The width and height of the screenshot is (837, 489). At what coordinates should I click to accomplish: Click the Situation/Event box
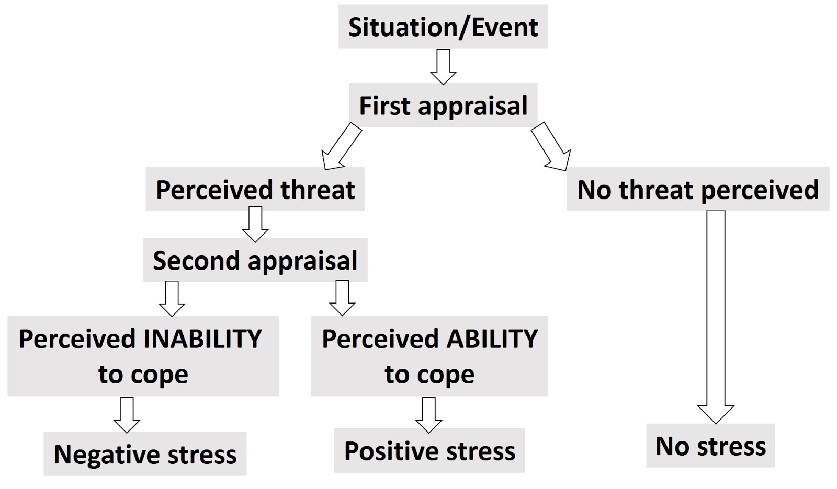coord(443,27)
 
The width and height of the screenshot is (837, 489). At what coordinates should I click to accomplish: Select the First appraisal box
coord(443,106)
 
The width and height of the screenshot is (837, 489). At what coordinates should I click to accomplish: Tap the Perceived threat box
coord(255,189)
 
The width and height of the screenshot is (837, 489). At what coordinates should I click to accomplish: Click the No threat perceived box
coord(697,189)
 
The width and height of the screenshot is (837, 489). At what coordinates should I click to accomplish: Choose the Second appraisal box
coord(255,260)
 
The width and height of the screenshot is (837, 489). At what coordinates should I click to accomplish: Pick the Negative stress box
coord(145,453)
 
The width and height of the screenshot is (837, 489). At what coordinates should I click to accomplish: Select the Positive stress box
coord(429,450)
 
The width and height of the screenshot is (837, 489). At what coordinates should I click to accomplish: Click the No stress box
coord(710,446)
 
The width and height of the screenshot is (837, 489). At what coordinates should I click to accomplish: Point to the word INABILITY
coord(202,339)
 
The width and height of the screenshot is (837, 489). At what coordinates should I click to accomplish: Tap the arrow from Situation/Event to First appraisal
coord(443,66)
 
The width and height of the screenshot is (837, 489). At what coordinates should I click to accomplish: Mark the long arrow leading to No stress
coord(716,313)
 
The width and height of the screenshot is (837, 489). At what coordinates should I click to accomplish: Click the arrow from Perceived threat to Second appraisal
coord(255,224)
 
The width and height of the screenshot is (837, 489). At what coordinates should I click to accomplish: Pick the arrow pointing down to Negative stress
coord(127,415)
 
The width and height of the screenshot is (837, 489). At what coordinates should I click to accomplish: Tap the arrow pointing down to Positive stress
coord(428,415)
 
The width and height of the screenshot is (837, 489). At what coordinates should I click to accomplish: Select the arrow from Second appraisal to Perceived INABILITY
coord(172,298)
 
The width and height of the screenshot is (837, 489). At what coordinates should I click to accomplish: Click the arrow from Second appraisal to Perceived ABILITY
coord(342,298)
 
